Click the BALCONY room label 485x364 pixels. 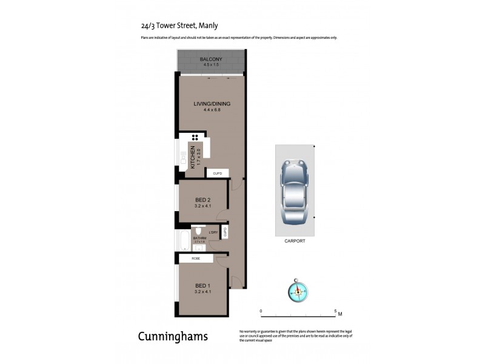point(212,59)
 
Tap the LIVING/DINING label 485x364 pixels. point(212,104)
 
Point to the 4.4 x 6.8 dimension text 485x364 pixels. point(212,110)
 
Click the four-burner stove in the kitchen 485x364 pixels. point(196,137)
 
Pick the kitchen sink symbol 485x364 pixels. point(181,157)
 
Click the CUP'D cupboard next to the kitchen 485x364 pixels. point(218,174)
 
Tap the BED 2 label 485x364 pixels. point(202,200)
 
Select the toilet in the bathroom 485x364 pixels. point(198,231)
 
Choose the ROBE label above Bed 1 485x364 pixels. point(195,258)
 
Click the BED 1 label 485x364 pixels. point(202,286)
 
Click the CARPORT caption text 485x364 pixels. point(295,241)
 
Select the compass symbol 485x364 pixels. point(298,291)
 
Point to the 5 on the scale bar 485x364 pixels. point(335,311)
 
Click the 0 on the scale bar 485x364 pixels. point(261,311)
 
